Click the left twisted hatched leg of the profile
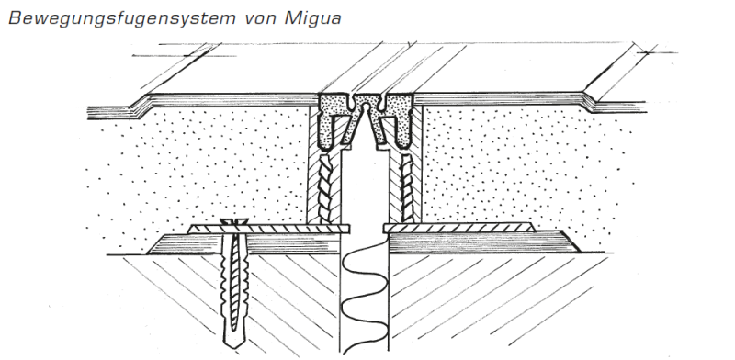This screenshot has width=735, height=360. (x=325, y=188)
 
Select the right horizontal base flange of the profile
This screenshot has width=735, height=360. (x=459, y=227)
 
